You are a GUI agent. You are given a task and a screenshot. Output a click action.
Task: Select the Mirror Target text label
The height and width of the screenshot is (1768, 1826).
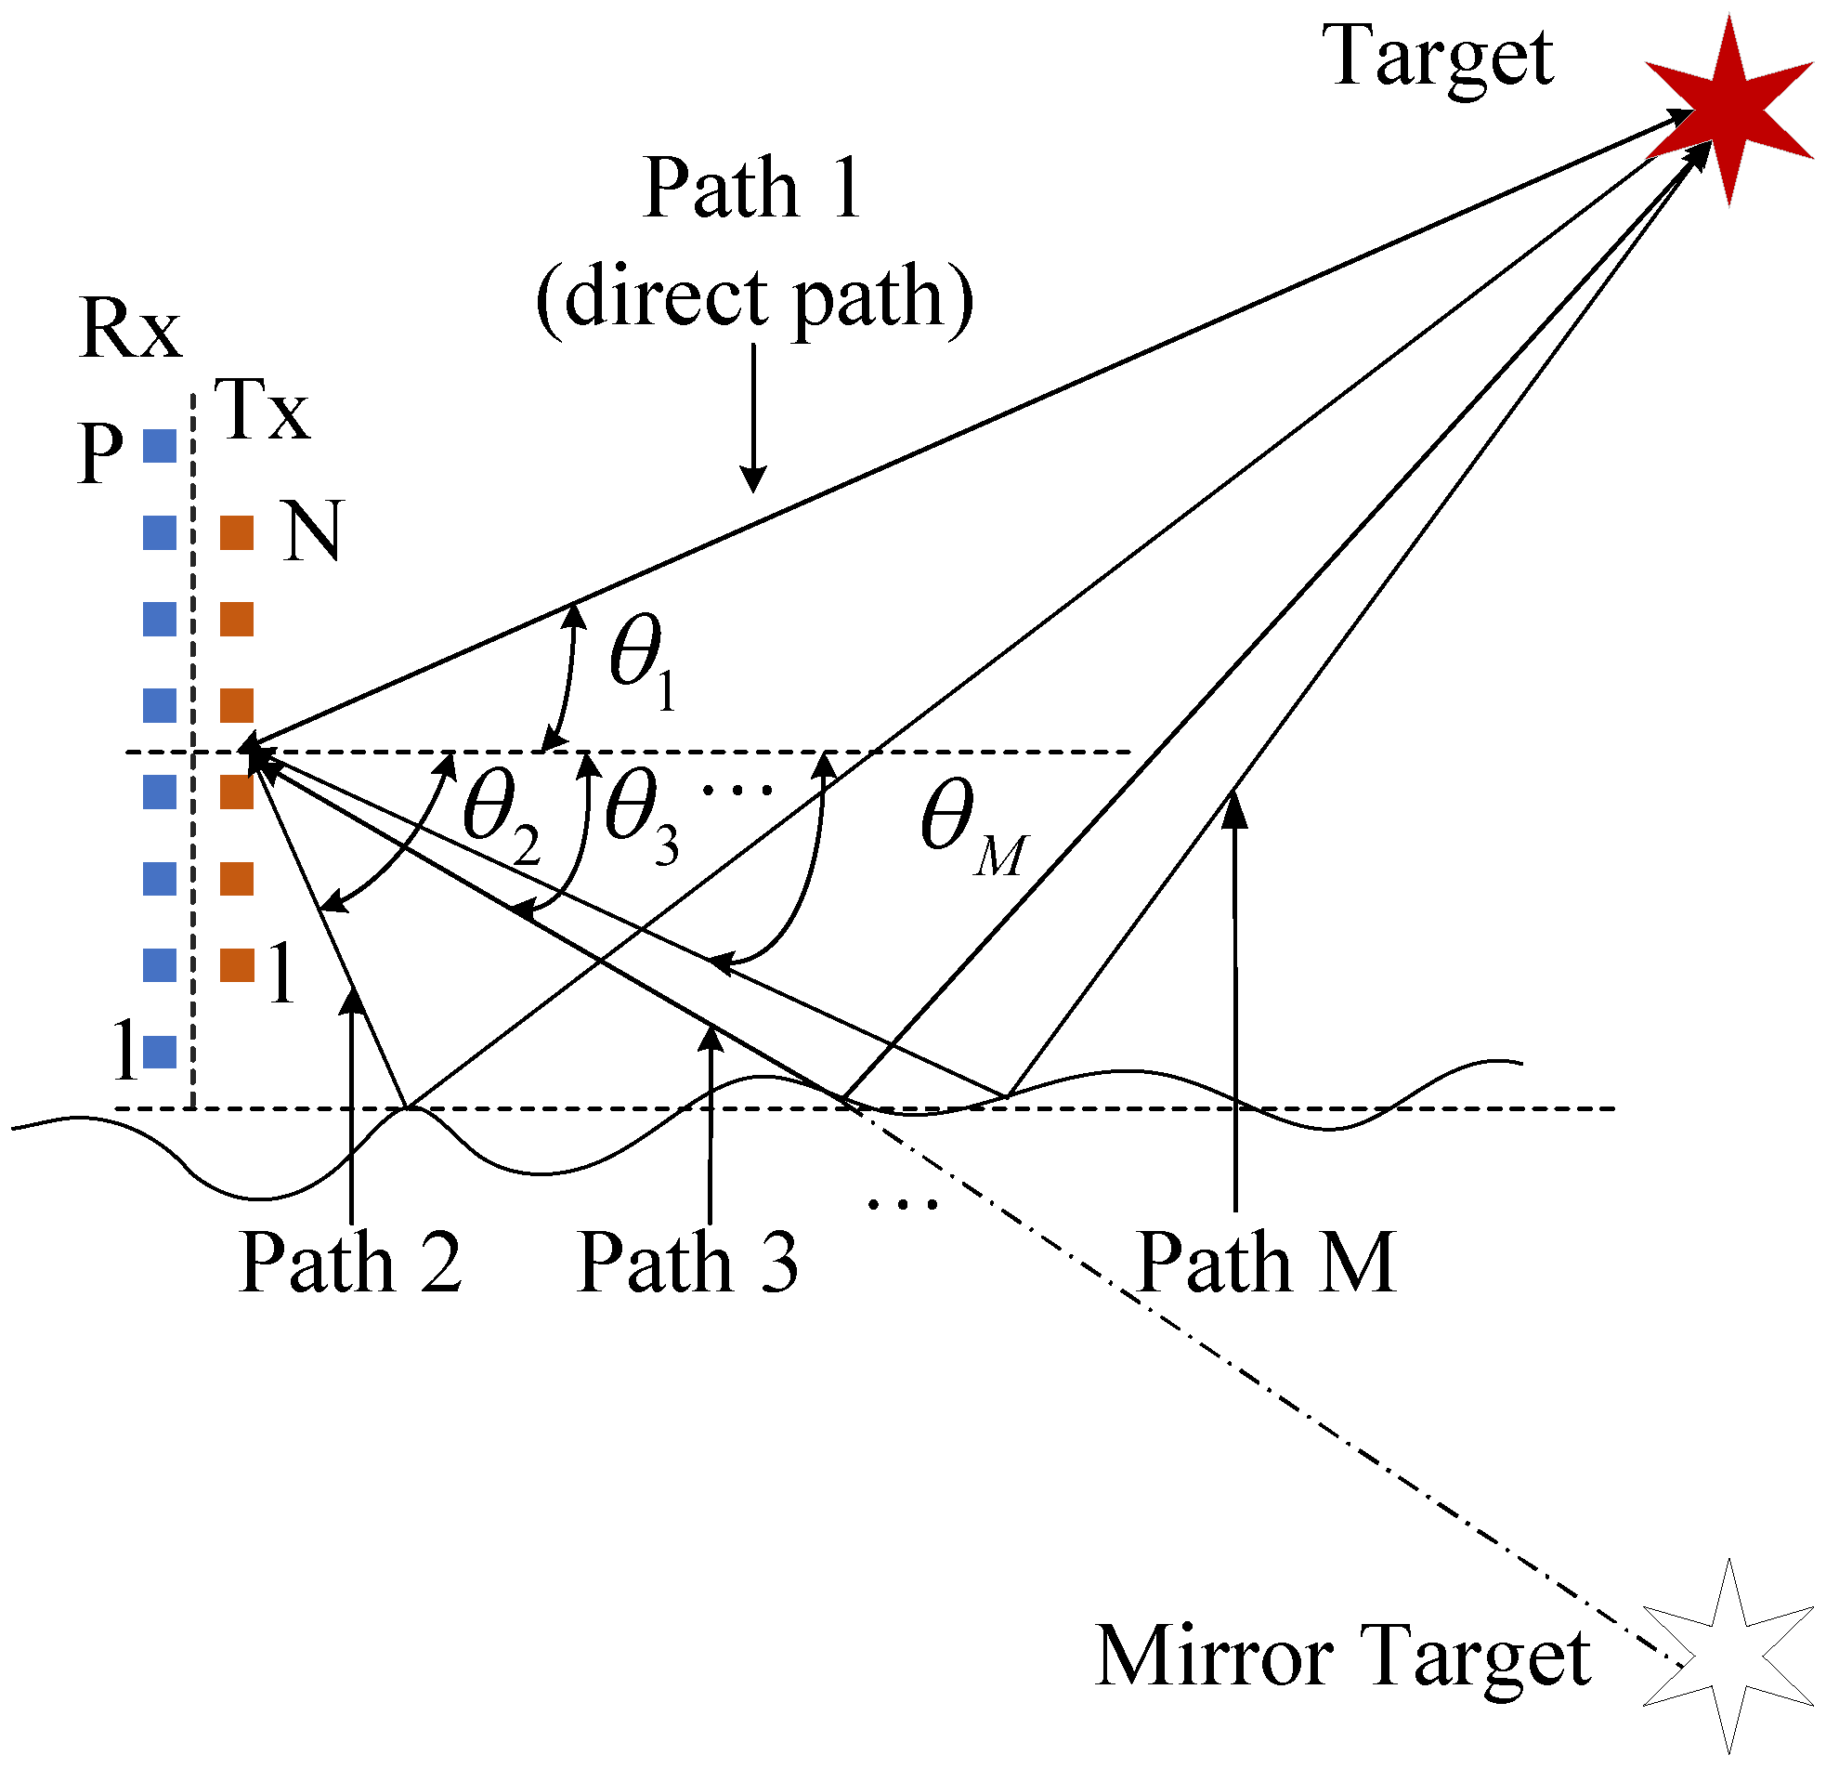pos(1341,1657)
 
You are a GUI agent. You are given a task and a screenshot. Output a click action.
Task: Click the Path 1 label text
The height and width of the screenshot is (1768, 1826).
pos(750,190)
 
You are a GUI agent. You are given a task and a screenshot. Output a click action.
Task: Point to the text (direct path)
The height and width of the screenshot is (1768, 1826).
pos(754,298)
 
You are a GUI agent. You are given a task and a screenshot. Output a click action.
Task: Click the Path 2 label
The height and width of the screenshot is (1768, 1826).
pos(350,1263)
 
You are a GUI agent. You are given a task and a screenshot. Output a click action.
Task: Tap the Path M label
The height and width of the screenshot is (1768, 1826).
pos(1266,1263)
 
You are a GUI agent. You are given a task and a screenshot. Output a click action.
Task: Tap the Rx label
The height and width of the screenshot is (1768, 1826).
pos(130,329)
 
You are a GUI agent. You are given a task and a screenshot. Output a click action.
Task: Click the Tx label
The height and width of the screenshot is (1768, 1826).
pos(262,410)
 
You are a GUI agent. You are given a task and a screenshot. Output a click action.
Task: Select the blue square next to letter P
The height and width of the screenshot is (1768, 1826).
pos(160,447)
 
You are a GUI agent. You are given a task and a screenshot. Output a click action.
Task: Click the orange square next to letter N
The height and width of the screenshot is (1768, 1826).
pos(237,533)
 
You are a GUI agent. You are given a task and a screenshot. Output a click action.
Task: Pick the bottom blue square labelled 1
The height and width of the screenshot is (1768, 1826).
pos(160,1053)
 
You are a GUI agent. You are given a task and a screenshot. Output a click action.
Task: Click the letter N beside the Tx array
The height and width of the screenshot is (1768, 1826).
pos(312,531)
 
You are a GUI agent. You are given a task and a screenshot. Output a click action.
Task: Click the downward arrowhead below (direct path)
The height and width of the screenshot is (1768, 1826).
pos(752,480)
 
